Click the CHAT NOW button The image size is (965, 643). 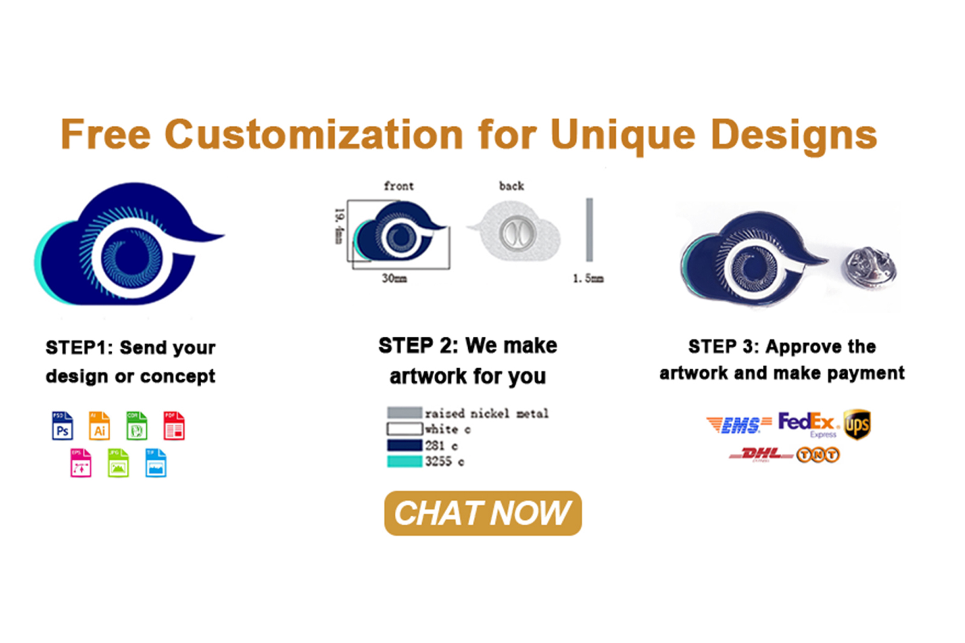482,513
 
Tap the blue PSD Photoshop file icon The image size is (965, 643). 62,426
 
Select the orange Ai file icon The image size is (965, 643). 99,426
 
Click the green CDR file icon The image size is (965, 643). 136,426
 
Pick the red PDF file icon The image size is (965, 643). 174,426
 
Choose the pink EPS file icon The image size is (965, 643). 81,463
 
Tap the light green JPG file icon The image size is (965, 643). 118,463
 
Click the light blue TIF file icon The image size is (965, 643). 156,463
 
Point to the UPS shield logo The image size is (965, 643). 857,424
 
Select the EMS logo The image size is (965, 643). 739,425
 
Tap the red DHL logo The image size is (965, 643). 761,455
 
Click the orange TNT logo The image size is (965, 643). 818,455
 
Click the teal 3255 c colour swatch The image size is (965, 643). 404,461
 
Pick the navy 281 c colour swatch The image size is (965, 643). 404,445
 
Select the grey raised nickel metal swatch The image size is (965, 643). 404,412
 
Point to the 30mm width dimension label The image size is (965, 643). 394,278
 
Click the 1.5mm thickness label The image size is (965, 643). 588,278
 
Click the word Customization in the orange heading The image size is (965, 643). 313,135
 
